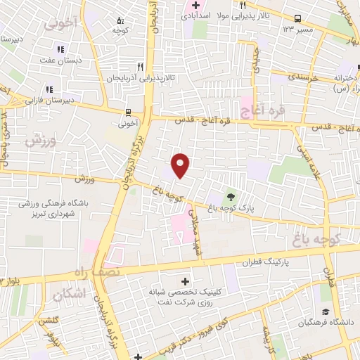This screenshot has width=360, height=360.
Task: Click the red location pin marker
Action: point(181,165)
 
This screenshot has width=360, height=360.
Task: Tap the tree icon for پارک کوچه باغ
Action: point(230,196)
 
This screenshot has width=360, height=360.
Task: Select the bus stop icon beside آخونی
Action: point(128,112)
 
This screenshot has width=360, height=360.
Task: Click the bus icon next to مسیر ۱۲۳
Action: point(298,19)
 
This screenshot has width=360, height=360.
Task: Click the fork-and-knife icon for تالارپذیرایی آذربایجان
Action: point(141,67)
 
